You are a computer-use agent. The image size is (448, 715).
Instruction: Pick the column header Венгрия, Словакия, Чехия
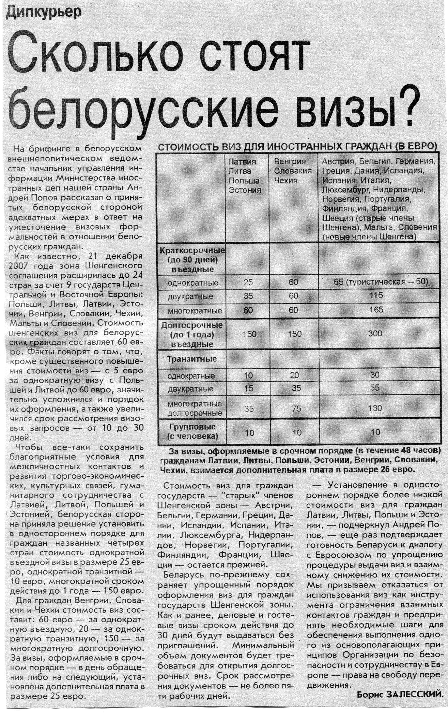293,171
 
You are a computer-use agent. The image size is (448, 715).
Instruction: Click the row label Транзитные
192,359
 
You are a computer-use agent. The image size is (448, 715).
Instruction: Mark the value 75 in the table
296,408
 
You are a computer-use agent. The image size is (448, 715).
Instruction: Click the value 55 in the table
375,388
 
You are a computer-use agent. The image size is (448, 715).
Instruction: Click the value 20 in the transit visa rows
294,375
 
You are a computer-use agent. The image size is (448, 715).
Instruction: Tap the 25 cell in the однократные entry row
248,282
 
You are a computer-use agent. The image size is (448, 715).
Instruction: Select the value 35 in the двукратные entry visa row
248,296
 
